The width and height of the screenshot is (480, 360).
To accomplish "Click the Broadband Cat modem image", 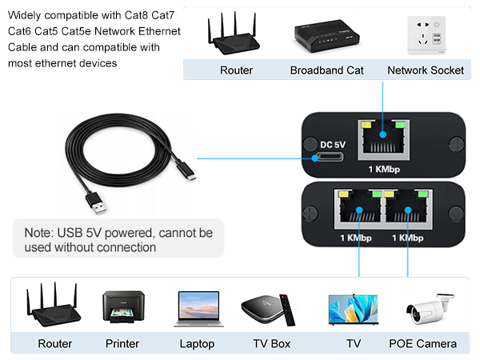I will coord(326,34).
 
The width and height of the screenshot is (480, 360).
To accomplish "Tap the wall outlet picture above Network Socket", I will coord(425,34).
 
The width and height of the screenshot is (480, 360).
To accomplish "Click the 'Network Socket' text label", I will coord(426,70).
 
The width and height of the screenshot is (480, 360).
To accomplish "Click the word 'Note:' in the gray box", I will coord(40,234).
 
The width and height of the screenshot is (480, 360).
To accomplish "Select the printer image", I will coord(125,309).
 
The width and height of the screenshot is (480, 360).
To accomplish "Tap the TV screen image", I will coord(353,310).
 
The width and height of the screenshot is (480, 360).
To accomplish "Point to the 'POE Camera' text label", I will coord(422,344).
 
